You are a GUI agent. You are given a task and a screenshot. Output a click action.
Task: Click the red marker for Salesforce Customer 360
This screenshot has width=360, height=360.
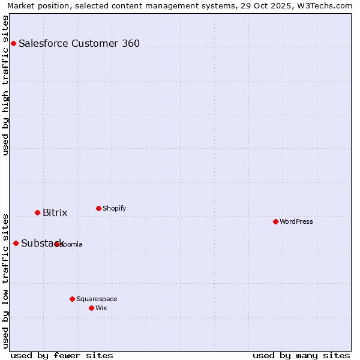(13, 43)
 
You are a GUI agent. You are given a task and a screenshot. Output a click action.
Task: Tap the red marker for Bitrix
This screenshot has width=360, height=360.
(37, 212)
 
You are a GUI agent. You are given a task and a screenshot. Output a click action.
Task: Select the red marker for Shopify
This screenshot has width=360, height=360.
(98, 208)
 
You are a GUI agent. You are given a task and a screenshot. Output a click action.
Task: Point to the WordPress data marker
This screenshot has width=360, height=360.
(275, 221)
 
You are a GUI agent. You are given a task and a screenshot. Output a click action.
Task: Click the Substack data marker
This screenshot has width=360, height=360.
(16, 243)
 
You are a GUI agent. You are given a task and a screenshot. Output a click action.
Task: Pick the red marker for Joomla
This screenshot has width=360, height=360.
(56, 244)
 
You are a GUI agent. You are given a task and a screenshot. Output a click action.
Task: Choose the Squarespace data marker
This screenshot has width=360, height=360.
(72, 299)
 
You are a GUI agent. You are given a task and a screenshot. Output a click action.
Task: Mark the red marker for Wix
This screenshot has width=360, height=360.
(91, 308)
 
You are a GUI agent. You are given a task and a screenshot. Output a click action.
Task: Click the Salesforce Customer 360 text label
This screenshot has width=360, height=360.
(79, 43)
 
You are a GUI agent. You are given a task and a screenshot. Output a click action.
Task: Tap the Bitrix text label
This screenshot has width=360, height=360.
(55, 213)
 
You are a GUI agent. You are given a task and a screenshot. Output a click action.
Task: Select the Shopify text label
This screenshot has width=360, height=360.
(114, 208)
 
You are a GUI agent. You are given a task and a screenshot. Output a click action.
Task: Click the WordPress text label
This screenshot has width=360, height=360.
(296, 221)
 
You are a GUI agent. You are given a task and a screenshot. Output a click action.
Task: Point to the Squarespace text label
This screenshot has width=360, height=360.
(97, 299)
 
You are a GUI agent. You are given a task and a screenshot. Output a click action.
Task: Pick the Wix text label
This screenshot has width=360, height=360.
(101, 308)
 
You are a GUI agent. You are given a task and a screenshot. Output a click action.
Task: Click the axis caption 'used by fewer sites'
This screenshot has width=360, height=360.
(62, 355)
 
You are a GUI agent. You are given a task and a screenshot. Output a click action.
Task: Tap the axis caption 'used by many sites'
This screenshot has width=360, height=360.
(301, 355)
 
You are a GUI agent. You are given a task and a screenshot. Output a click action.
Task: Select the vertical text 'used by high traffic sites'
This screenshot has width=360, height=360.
(6, 85)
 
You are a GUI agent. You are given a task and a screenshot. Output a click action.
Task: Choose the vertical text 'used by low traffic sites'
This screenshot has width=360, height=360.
(6, 281)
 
